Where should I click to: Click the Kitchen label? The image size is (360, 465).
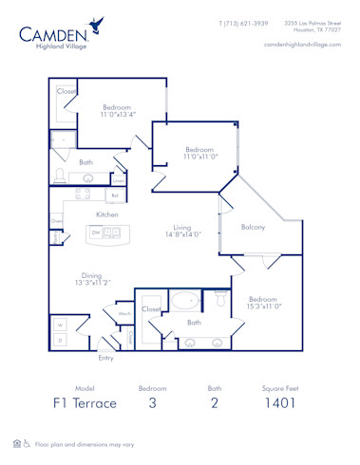pyautogui.click(x=106, y=214)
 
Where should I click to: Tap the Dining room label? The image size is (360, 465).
pyautogui.click(x=92, y=278)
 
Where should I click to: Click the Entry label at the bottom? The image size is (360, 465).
pyautogui.click(x=106, y=358)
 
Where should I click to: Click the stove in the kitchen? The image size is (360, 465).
pyautogui.click(x=83, y=194)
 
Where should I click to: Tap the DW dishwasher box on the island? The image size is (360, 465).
pyautogui.click(x=98, y=232)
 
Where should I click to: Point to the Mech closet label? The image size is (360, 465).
pyautogui.click(x=124, y=313)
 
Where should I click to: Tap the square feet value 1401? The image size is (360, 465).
pyautogui.click(x=281, y=402)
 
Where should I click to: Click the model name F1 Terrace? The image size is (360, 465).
pyautogui.click(x=85, y=402)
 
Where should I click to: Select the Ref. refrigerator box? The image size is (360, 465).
pyautogui.click(x=114, y=195)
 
